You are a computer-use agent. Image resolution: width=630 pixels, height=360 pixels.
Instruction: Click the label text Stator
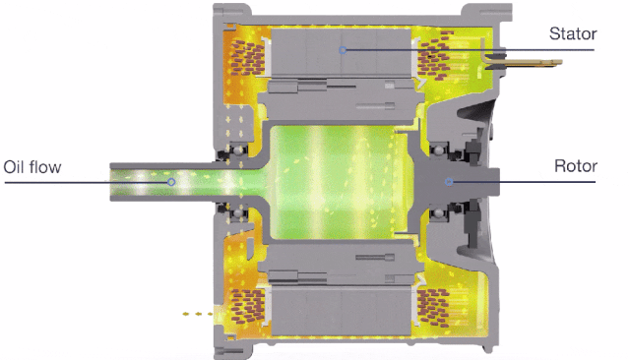tap(573, 33)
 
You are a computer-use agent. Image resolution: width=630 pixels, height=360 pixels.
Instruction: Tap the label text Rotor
tap(576, 166)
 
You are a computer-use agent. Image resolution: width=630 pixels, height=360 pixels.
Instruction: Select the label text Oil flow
tap(32, 167)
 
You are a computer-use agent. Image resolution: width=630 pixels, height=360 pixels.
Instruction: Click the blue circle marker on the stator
tap(343, 50)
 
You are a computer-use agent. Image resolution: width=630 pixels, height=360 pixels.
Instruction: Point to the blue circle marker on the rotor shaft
tap(449, 182)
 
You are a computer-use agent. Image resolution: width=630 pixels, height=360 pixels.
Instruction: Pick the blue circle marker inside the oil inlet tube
tap(171, 182)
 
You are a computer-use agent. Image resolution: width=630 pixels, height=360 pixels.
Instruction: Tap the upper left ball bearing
tap(238, 150)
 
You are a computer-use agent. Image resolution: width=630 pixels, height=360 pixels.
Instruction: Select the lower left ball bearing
tap(238, 212)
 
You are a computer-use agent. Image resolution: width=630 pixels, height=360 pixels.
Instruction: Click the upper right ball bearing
tap(439, 150)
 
